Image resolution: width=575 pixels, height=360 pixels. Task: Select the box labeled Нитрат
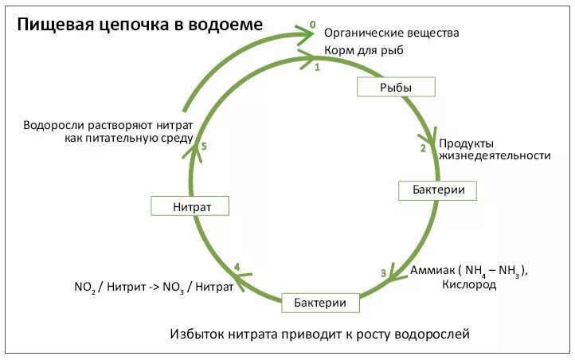coord(190,206)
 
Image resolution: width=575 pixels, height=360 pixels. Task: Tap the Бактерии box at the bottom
coord(319,303)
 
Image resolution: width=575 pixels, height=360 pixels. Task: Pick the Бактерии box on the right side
coord(437,190)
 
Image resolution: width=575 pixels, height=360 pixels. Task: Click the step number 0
coord(311,25)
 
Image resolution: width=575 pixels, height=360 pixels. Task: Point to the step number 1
coord(316,68)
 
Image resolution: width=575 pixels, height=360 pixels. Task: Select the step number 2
coord(423,147)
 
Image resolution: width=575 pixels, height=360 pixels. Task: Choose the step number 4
coord(237,266)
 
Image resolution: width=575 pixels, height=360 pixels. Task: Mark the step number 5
coord(205,147)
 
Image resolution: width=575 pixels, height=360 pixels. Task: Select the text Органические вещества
coord(391,33)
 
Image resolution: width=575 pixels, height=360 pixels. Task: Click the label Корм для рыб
coord(363,52)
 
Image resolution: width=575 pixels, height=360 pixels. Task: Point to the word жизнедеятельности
coord(495,155)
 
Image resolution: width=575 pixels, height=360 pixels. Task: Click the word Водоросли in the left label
coord(58,125)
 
